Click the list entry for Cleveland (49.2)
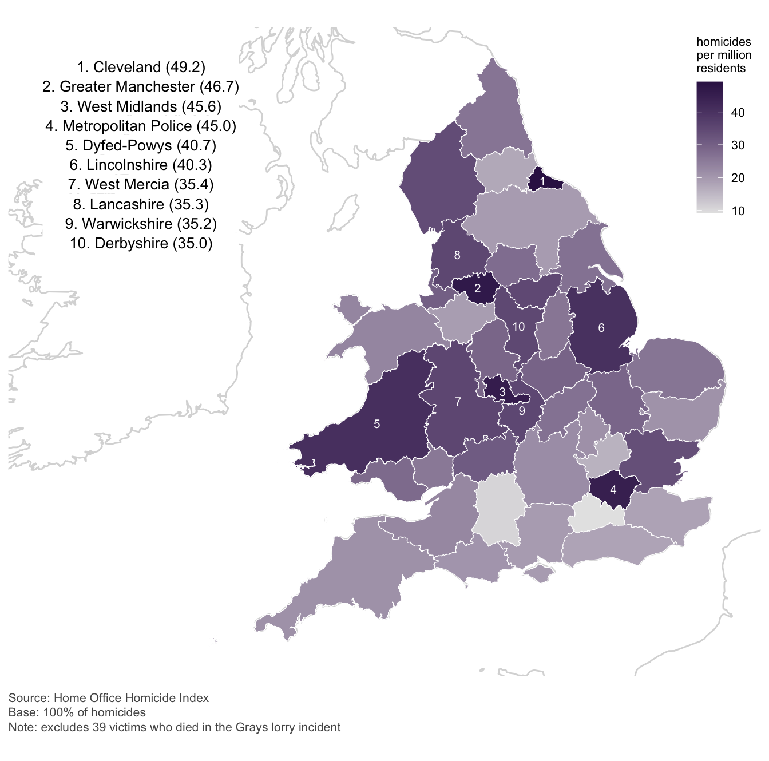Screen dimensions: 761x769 coord(141,68)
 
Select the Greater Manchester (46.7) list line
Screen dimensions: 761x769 coord(141,87)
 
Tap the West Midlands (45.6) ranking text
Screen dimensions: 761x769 coord(141,106)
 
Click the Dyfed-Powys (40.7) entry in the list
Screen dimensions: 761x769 coord(141,145)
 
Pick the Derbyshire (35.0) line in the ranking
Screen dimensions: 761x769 coord(141,243)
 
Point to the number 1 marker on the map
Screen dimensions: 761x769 coord(542,180)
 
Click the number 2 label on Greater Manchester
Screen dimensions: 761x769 coord(477,289)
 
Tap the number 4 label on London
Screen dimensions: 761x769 coord(613,490)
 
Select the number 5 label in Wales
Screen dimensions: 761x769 coord(376,424)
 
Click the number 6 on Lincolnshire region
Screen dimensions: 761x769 coord(601,328)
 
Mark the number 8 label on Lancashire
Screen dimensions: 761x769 coord(457,255)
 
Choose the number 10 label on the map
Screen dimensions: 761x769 coord(518,327)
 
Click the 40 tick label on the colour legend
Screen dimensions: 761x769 coord(738,113)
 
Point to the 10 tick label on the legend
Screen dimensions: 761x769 coord(738,211)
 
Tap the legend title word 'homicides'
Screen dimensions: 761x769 coord(723,42)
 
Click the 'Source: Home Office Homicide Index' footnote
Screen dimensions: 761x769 coord(109,698)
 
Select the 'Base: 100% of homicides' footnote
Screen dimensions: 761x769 coord(77,712)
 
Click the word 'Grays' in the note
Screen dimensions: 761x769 coord(252,727)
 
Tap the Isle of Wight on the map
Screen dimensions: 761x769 coord(538,572)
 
